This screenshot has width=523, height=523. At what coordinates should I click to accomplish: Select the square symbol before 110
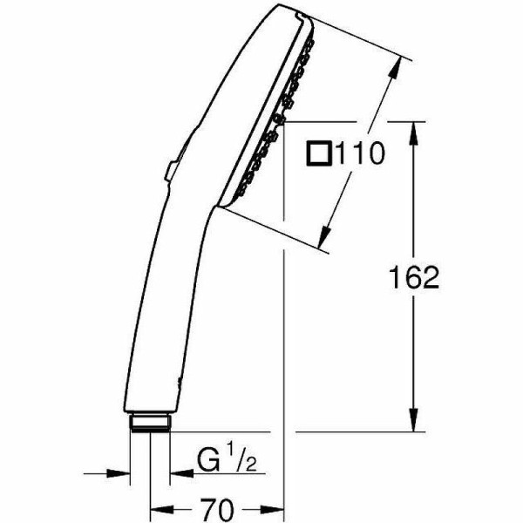tap(320, 155)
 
